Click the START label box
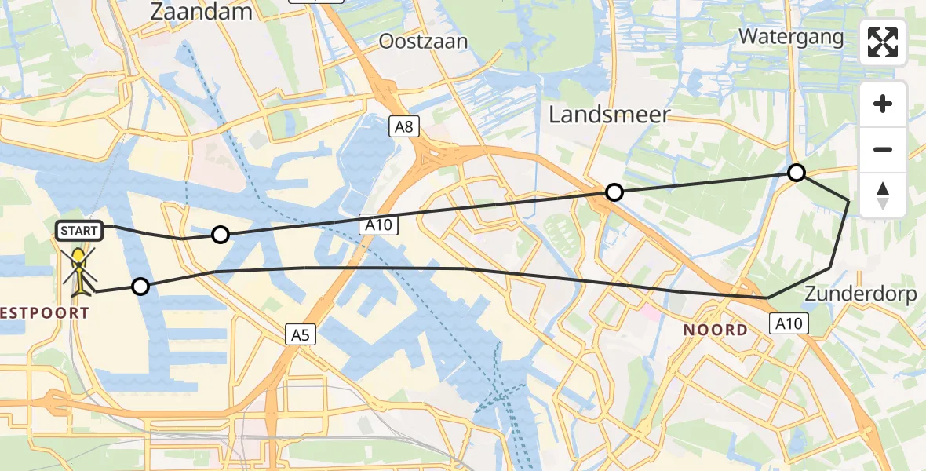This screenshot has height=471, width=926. tap(79, 231)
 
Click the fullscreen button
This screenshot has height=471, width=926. tap(883, 42)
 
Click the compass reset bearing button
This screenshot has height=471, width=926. tap(883, 195)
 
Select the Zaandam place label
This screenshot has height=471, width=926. tap(203, 12)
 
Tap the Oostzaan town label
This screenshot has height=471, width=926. tap(423, 41)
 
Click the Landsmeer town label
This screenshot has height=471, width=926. tap(609, 115)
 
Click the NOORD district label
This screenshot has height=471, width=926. tap(715, 330)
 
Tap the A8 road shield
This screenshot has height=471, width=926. tap(403, 126)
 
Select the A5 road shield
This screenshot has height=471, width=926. tap(301, 336)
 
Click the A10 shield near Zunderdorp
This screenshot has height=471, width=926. tap(789, 323)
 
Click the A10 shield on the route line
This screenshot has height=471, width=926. tap(380, 225)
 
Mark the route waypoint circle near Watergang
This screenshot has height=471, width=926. tap(797, 173)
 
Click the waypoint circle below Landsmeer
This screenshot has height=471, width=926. tap(614, 192)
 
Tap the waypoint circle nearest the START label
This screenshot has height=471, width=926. tap(221, 235)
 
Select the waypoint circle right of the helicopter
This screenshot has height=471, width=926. tap(140, 287)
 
